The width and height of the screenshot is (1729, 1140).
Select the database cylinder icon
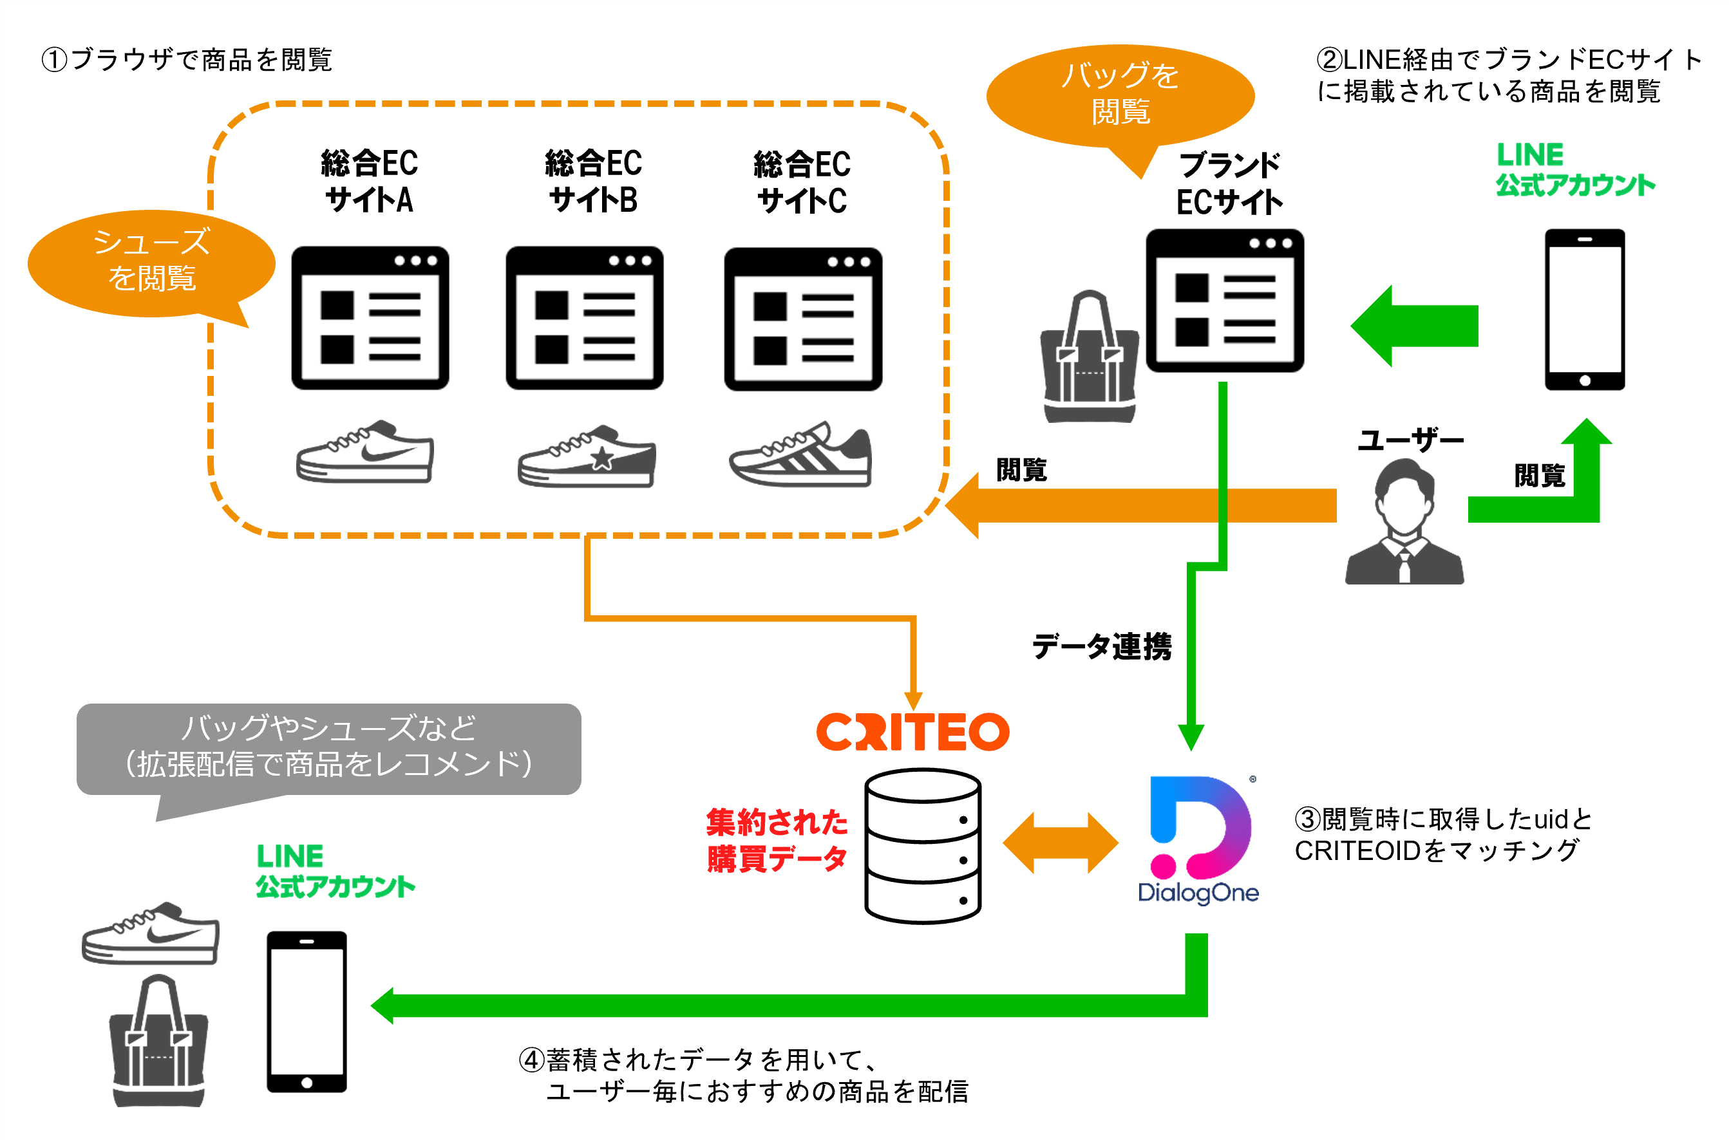[x=922, y=846]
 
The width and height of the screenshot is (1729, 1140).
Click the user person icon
[x=1403, y=521]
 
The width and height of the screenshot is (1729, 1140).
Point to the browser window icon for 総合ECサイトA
[x=370, y=318]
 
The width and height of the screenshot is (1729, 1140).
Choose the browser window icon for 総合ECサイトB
[x=584, y=318]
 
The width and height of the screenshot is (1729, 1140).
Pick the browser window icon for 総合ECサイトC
[x=802, y=319]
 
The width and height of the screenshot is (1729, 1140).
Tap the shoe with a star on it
[x=586, y=456]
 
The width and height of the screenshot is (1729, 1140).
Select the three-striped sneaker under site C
[x=800, y=455]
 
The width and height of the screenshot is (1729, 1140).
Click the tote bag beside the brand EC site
[x=1089, y=358]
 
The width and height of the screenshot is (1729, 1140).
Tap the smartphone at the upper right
[x=1583, y=310]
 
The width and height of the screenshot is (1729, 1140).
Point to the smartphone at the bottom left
[x=307, y=1011]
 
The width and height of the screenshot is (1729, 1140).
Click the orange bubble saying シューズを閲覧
[x=151, y=262]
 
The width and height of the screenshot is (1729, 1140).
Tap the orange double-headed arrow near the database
[x=1060, y=843]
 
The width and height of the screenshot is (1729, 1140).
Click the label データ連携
[x=1101, y=646]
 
